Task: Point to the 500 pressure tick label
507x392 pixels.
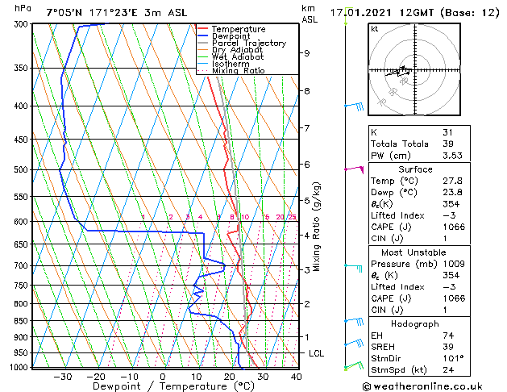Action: tap(22, 170)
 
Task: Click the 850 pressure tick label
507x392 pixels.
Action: tap(22, 321)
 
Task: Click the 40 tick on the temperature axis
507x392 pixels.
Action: tap(296, 376)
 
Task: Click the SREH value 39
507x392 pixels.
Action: tap(449, 347)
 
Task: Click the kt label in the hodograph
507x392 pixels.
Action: tap(374, 28)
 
